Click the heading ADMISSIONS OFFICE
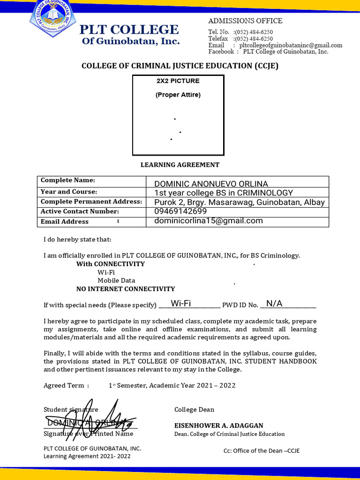[x=245, y=21]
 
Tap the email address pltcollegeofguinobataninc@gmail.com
[x=291, y=45]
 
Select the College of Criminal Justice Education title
[x=180, y=66]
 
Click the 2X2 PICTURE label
[x=178, y=81]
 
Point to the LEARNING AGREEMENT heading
[x=180, y=165]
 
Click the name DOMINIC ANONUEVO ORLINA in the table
[x=211, y=184]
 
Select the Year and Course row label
[x=69, y=192]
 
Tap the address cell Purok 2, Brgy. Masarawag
[x=239, y=202]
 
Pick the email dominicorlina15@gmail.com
[x=209, y=221]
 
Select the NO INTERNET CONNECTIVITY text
[x=126, y=289]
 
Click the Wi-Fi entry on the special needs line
[x=181, y=303]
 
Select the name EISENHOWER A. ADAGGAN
[x=219, y=426]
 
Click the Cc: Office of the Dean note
[x=261, y=451]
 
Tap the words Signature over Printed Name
[x=89, y=434]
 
